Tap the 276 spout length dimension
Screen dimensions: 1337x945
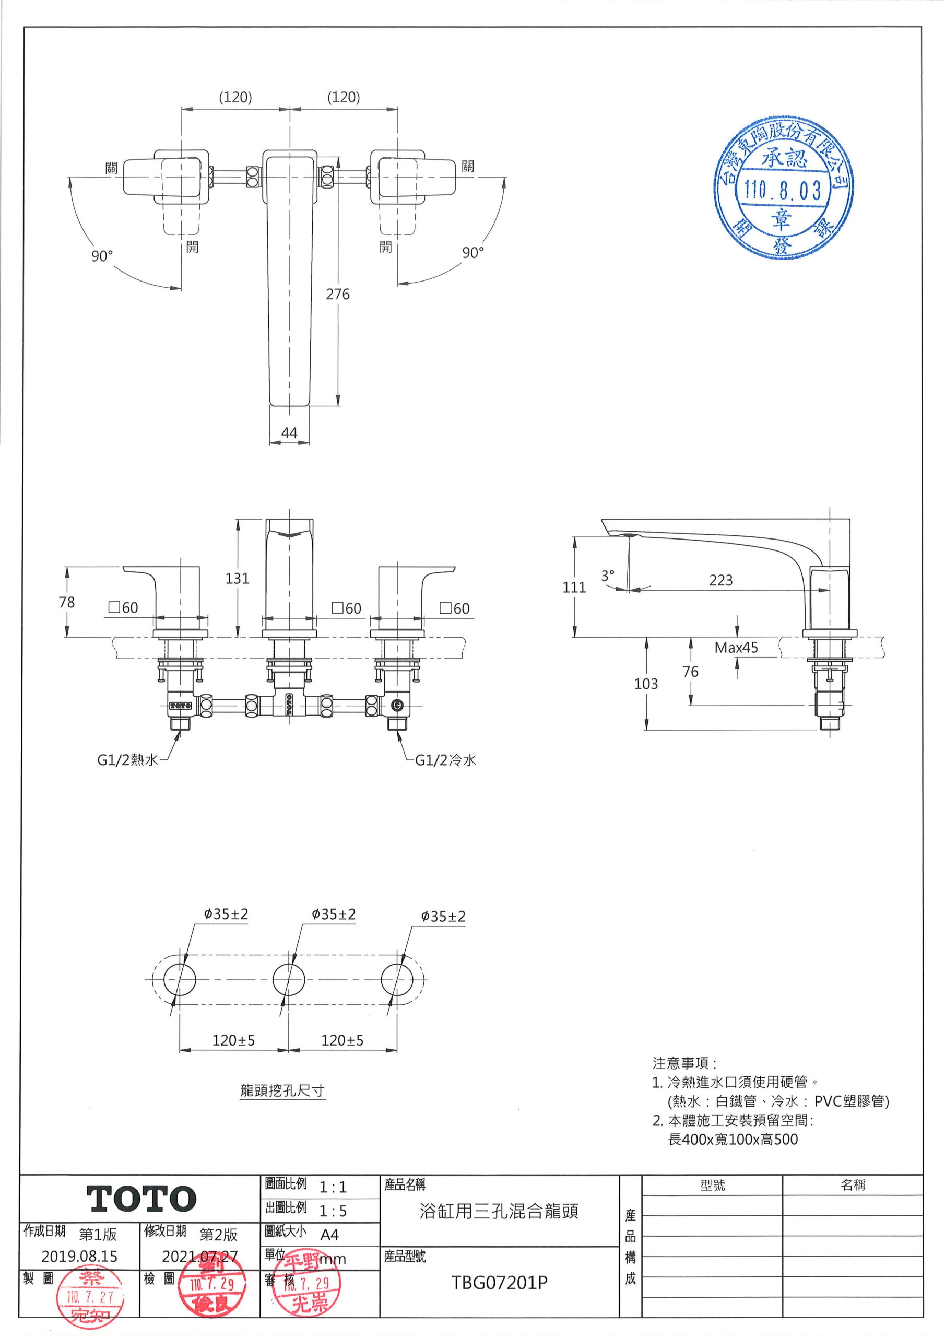pos(338,294)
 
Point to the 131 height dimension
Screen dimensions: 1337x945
pos(237,578)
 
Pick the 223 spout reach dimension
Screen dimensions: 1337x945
pos(720,580)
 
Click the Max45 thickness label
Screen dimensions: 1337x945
pos(736,648)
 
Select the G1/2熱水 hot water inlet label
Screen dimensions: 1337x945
pos(127,760)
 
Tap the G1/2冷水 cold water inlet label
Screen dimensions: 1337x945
pos(445,760)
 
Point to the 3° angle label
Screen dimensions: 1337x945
pos(608,576)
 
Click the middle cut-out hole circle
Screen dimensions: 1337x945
pos(289,979)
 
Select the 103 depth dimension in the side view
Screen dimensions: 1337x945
pos(646,684)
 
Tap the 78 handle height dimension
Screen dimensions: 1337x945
pos(67,602)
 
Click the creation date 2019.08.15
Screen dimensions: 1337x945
pos(79,1256)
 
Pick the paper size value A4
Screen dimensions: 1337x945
pos(329,1235)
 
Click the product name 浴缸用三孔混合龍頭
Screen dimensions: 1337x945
pos(499,1212)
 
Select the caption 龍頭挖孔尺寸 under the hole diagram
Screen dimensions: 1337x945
pos(282,1090)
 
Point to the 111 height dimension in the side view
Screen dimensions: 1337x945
pos(574,587)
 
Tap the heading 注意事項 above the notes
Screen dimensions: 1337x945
pos(683,1063)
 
